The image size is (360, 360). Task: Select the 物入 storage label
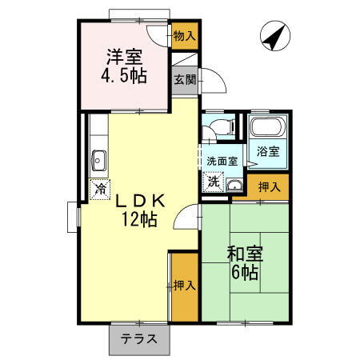coord(184,35)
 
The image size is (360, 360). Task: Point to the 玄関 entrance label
coord(185,79)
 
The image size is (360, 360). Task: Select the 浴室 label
coord(269,151)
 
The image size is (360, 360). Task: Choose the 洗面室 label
coord(222,161)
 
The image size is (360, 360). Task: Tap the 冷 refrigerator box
coord(101,190)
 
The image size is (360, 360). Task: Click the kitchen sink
coord(100,160)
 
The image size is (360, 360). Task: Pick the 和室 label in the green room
coord(242,254)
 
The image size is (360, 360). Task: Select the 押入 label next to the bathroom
coord(269,187)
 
